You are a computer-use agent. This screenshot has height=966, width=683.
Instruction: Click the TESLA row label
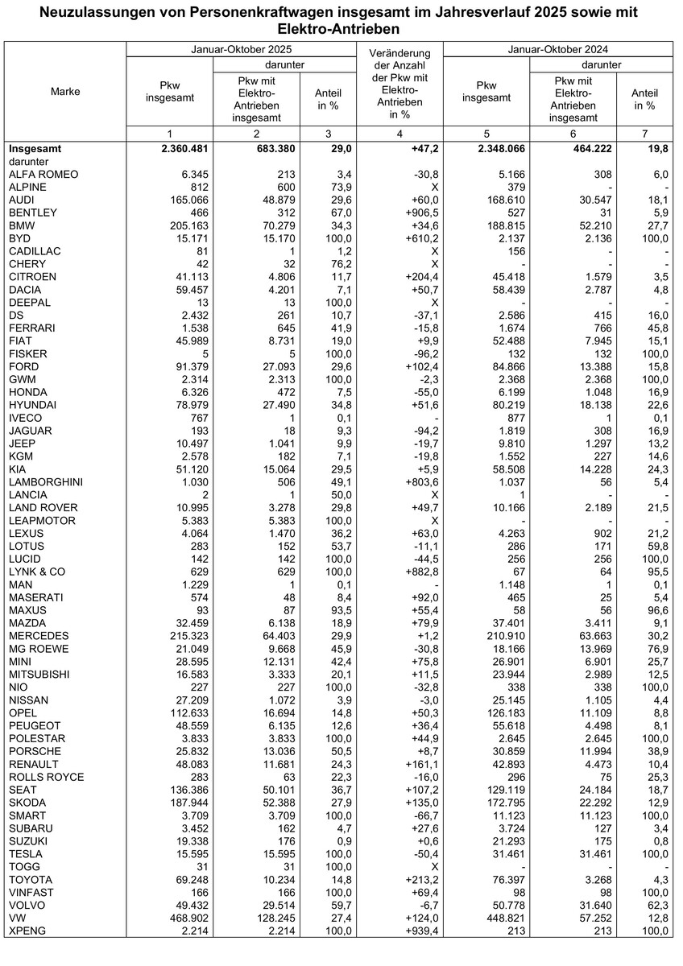[26, 853]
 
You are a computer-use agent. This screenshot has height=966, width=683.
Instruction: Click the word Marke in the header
[65, 92]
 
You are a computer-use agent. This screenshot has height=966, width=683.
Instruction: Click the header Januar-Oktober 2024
[557, 49]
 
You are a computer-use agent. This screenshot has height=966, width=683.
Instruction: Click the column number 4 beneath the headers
[399, 132]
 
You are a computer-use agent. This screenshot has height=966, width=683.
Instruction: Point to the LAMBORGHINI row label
[44, 481]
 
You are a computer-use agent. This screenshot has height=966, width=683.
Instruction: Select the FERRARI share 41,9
[333, 328]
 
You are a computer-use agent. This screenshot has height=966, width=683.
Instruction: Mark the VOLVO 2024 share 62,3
[654, 905]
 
